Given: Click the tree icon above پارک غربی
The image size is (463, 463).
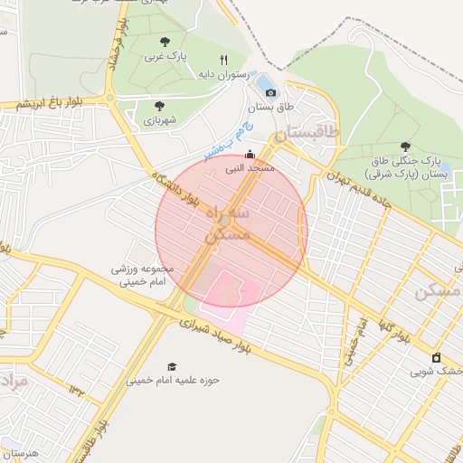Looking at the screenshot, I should click(x=164, y=42).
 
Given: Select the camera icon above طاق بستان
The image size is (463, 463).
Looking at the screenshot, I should click(x=270, y=92).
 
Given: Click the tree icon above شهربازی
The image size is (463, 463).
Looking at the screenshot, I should click(x=159, y=106).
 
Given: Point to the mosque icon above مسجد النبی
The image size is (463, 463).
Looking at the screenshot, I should click(x=250, y=155).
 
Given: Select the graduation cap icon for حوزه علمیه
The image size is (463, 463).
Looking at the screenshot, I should click(x=171, y=366).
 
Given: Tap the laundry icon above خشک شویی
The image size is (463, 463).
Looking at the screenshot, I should click(x=437, y=357).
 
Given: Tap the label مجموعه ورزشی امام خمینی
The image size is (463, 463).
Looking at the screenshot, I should click(x=140, y=276).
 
